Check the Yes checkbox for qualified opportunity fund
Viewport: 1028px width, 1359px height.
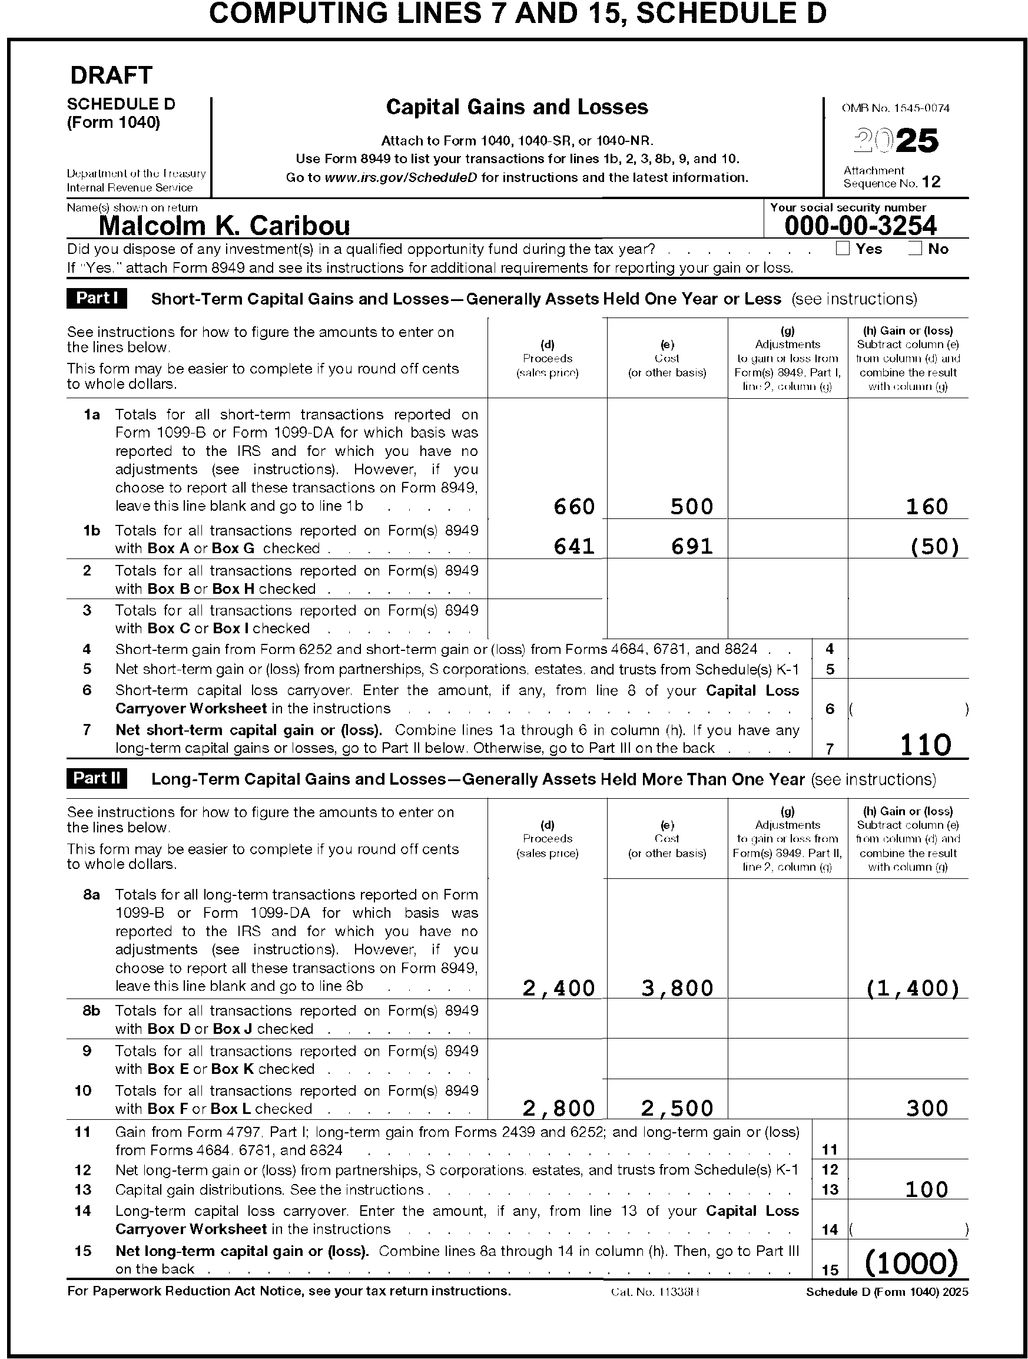point(843,248)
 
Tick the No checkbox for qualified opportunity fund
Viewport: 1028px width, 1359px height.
point(915,248)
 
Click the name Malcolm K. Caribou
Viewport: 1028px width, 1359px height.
point(224,226)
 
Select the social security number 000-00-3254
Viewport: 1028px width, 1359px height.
point(860,226)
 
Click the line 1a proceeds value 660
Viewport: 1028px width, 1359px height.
point(574,506)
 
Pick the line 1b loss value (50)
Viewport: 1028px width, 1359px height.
point(934,546)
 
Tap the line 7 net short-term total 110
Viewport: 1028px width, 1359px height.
point(926,745)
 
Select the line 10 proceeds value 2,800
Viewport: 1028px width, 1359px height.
point(559,1107)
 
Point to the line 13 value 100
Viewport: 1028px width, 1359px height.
point(927,1189)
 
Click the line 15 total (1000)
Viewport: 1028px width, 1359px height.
point(911,1263)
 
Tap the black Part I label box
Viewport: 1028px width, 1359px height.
point(97,298)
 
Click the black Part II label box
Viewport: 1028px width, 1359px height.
point(97,778)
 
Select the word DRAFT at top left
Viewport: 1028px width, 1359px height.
point(111,75)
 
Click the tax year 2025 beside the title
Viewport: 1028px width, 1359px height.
point(897,140)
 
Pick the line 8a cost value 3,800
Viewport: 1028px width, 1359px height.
point(677,988)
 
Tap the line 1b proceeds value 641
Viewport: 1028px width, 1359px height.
point(574,546)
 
